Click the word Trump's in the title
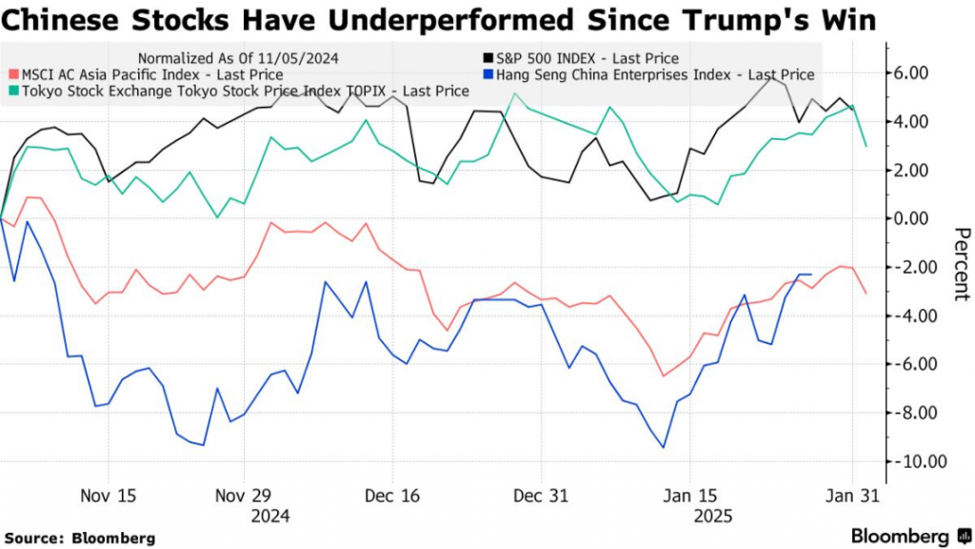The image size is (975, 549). click(x=751, y=20)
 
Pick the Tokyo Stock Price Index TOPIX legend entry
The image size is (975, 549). click(x=242, y=91)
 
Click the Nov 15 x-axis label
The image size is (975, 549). click(x=109, y=497)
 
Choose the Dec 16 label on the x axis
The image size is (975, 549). click(x=392, y=497)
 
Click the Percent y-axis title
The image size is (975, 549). click(x=962, y=264)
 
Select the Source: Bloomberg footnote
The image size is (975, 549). click(x=79, y=538)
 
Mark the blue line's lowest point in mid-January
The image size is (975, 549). click(x=663, y=448)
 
